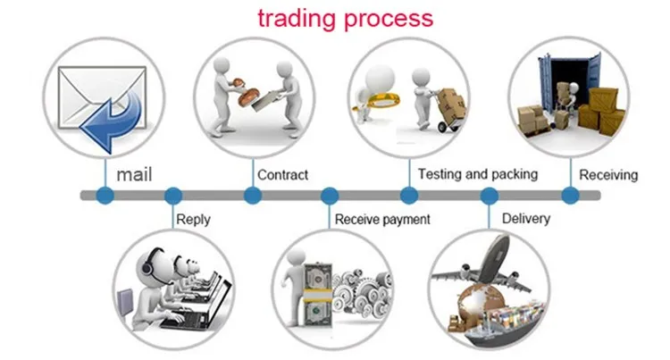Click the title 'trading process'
click(345, 20)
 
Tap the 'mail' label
click(134, 175)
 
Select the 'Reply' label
click(193, 220)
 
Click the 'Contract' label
click(282, 175)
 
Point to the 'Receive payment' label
click(382, 220)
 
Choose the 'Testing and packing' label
click(478, 174)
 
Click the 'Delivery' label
click(526, 219)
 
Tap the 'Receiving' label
click(608, 175)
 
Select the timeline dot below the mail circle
click(105, 196)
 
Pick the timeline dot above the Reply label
click(173, 196)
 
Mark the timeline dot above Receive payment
click(330, 196)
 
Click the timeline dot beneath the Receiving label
click(570, 196)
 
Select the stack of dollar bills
click(318, 296)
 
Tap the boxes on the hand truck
click(451, 104)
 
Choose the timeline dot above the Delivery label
click(490, 196)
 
